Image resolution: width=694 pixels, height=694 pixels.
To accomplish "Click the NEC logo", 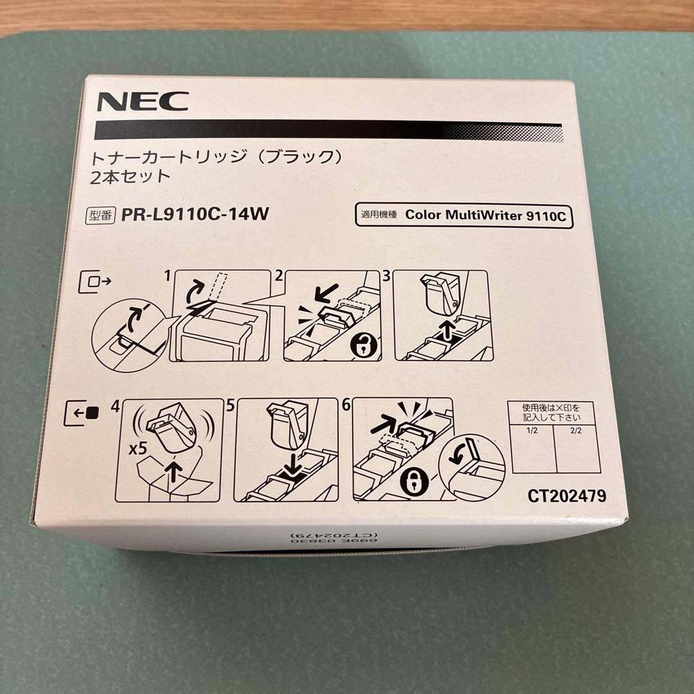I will pos(143,102).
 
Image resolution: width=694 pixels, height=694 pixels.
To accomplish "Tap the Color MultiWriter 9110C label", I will pos(485,216).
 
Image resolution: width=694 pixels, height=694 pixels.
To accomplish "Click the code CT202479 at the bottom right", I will pos(566,496).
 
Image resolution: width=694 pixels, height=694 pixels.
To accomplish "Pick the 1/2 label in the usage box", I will pos(531,430).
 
